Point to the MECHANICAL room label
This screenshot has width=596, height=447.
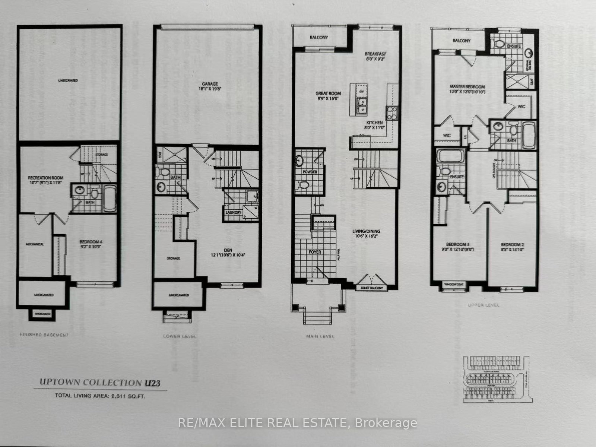35,244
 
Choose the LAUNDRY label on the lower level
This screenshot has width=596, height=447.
234,213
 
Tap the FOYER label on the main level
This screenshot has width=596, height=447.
315,252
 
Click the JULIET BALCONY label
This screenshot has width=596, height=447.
372,288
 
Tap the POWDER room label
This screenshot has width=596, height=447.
310,172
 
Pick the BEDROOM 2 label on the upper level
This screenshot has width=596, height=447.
512,247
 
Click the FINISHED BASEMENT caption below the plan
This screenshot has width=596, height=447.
44,335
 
